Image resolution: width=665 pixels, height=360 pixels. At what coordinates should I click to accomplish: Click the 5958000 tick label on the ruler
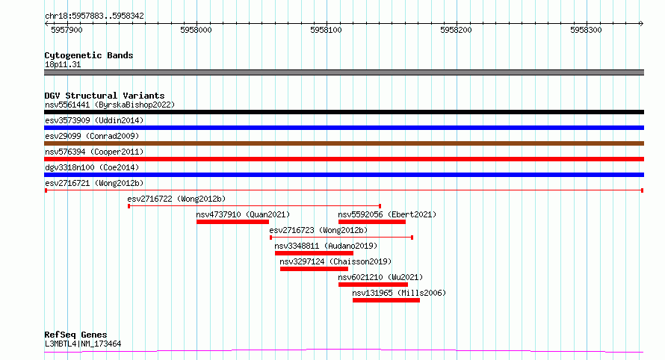(x=196, y=30)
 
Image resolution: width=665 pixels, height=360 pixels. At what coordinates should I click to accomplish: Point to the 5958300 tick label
(x=586, y=30)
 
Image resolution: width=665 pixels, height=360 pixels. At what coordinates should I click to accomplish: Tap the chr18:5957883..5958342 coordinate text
(x=95, y=16)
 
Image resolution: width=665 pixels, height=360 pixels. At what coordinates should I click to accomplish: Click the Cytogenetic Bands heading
(x=89, y=55)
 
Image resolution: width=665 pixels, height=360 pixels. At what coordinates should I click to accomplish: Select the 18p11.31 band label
(x=63, y=64)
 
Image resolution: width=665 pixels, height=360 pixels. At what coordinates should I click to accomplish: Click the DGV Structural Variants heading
(x=105, y=96)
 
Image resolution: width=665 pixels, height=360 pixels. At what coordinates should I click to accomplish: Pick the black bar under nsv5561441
(x=344, y=112)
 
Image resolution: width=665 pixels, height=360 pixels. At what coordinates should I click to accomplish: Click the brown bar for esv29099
(x=344, y=143)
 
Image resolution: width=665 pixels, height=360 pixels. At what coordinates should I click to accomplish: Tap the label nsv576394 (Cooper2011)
(x=94, y=152)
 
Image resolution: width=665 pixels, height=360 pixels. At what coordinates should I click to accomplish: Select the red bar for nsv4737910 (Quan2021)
(x=233, y=222)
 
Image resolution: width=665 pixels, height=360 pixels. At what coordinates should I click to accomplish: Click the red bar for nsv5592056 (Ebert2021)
(x=372, y=222)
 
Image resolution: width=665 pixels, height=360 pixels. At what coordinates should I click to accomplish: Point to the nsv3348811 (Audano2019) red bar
(x=314, y=253)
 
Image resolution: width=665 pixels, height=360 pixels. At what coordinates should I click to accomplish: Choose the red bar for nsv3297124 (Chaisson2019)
(x=314, y=269)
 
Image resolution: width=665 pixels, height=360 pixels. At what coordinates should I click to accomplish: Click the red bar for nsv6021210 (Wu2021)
(x=373, y=285)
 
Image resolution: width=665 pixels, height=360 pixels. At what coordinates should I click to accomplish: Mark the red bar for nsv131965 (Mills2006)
(x=386, y=300)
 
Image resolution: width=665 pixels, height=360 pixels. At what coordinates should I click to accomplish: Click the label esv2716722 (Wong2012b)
(x=176, y=199)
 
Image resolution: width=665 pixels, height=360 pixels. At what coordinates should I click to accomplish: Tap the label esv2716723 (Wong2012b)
(x=318, y=230)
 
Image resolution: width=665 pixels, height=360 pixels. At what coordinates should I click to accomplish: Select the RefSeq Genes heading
(x=75, y=335)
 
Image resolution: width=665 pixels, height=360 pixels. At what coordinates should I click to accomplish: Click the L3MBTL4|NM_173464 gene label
(x=83, y=344)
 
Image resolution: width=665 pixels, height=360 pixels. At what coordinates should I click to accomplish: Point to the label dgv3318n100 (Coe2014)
(x=92, y=167)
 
